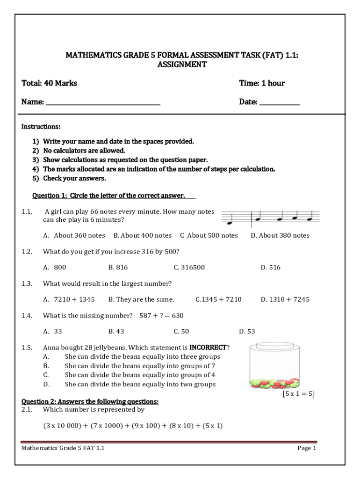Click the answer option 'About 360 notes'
pyautogui.click(x=79, y=235)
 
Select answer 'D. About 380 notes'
pyautogui.click(x=280, y=235)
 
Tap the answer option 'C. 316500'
pyautogui.click(x=189, y=267)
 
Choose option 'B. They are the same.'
pyautogui.click(x=141, y=299)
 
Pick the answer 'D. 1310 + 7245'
pyautogui.click(x=285, y=299)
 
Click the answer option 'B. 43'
pyautogui.click(x=116, y=331)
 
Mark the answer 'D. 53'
pyautogui.click(x=247, y=331)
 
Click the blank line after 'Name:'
pyautogui.click(x=103, y=102)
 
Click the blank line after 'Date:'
pyautogui.click(x=279, y=102)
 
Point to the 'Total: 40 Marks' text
pyautogui.click(x=50, y=83)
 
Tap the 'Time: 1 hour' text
pyautogui.click(x=262, y=83)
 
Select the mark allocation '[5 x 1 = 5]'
pyautogui.click(x=298, y=394)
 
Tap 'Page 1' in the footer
pyautogui.click(x=307, y=448)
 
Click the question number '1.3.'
pyautogui.click(x=27, y=283)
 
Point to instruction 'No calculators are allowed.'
pyautogui.click(x=84, y=151)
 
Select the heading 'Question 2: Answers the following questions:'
pyautogui.click(x=90, y=401)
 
